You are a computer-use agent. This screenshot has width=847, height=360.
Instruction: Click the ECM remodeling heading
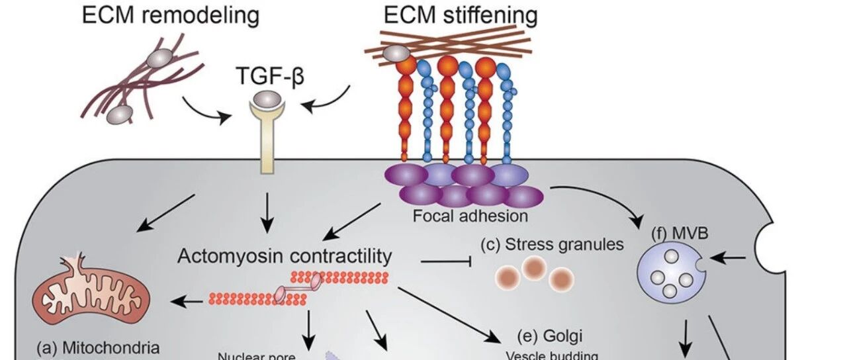(x=171, y=16)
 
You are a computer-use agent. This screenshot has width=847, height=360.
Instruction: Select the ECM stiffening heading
(x=461, y=16)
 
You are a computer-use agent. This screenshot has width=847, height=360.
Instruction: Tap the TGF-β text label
(x=270, y=75)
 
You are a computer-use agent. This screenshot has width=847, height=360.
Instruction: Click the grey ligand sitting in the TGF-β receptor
(x=267, y=99)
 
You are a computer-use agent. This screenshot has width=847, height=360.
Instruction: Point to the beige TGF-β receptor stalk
(x=267, y=144)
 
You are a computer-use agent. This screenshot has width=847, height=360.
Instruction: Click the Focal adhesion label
(x=470, y=216)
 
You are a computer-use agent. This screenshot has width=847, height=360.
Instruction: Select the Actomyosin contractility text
(x=285, y=256)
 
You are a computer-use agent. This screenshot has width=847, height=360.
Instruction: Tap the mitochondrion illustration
(x=91, y=291)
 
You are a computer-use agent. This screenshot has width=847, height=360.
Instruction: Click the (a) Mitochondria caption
(x=99, y=347)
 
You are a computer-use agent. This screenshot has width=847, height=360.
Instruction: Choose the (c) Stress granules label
(x=552, y=244)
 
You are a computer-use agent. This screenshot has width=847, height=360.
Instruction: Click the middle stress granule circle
(x=534, y=267)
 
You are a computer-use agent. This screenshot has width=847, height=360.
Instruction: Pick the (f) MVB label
(x=680, y=234)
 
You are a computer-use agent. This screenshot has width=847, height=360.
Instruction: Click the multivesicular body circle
(x=671, y=273)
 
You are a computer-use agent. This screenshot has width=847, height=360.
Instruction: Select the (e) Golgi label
(x=550, y=336)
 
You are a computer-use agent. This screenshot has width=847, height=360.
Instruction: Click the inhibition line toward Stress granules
(x=446, y=261)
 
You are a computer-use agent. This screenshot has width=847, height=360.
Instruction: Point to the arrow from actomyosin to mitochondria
(x=187, y=301)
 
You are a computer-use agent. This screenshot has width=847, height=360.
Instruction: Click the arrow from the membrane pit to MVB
(x=727, y=259)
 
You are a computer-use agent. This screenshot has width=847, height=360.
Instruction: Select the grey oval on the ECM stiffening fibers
(x=396, y=54)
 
